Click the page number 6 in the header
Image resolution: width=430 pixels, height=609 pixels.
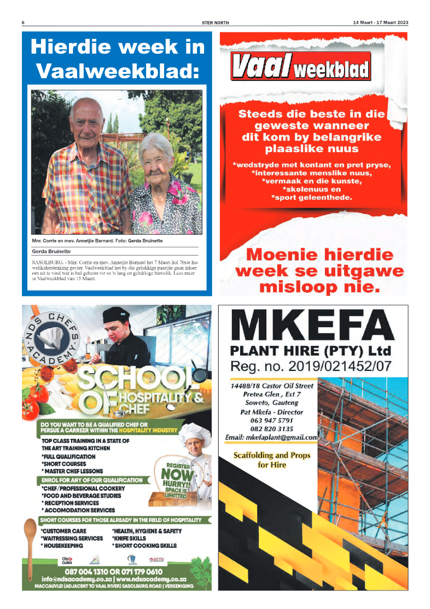point(23,22)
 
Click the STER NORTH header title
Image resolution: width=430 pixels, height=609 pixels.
point(215,22)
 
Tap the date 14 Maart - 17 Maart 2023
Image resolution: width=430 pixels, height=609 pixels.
point(380,22)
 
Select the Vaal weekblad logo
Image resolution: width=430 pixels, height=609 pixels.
point(300,67)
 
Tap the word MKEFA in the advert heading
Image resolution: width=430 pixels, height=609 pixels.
point(312,327)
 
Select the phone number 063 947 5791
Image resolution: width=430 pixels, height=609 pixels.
point(272,420)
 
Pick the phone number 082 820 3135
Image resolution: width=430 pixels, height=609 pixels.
point(272,429)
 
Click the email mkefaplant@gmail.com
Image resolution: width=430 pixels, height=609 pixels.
point(272,438)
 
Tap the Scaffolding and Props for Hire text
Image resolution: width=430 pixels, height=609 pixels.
point(272,460)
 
